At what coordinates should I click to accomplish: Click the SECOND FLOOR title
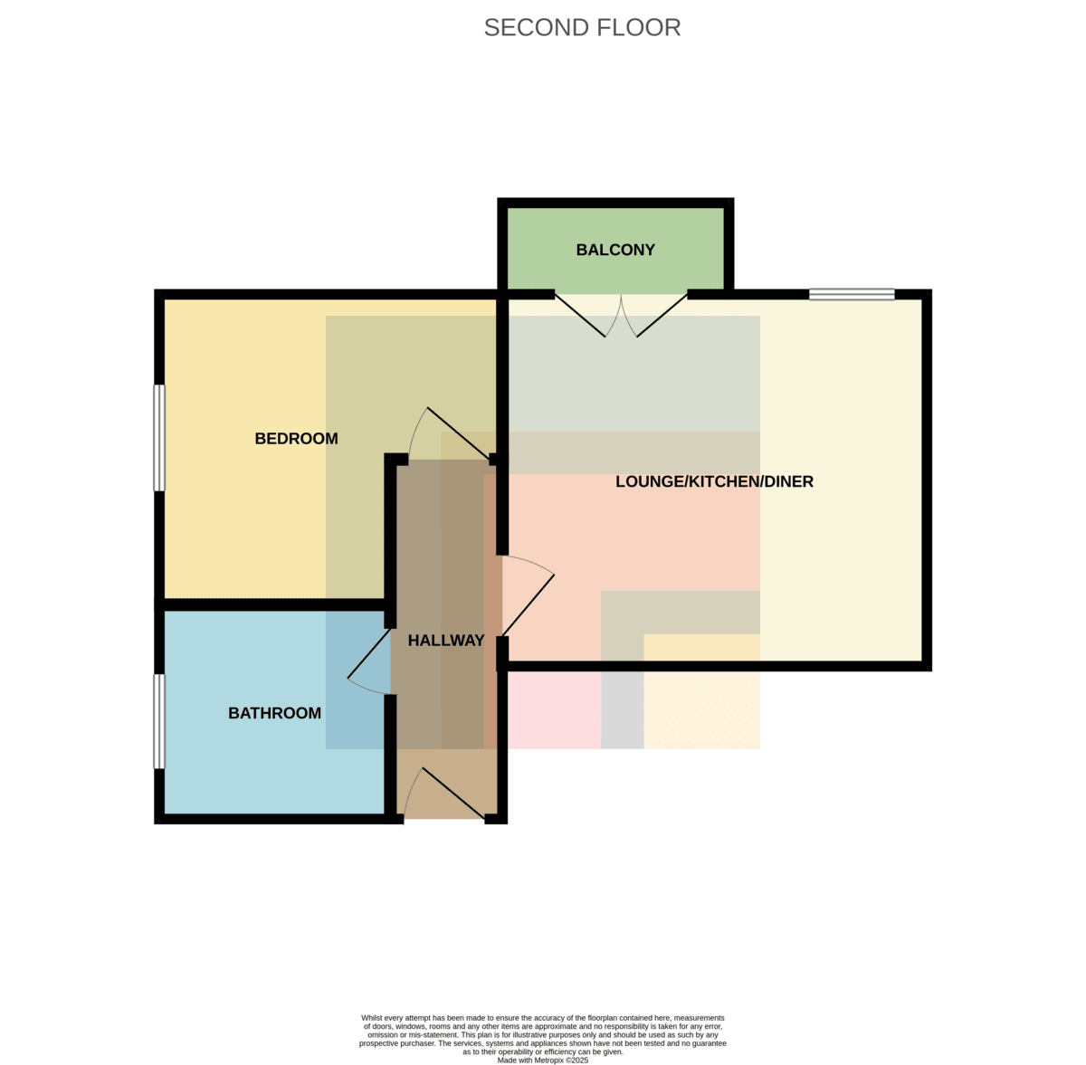[582, 28]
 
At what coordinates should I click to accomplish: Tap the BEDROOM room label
[296, 439]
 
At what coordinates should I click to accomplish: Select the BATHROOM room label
[274, 713]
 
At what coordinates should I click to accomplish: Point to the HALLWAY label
[446, 640]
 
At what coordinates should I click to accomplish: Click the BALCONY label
[615, 250]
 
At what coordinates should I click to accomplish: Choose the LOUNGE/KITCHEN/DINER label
[714, 481]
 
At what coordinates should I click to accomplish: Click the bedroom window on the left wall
[159, 438]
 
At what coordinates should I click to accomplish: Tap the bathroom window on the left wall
[159, 721]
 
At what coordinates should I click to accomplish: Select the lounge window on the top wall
[852, 294]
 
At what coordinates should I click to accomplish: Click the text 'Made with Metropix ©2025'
[543, 1060]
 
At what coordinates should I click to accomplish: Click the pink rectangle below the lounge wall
[555, 710]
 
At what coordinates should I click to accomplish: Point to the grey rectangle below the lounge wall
[622, 710]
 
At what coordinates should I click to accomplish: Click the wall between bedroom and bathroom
[274, 605]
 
